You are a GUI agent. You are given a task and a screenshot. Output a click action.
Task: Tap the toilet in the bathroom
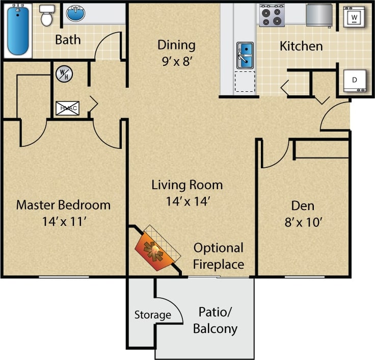(x=47, y=16)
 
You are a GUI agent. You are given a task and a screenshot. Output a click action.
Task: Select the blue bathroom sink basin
(x=76, y=14)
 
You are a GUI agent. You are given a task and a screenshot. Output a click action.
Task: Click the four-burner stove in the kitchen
(x=272, y=16)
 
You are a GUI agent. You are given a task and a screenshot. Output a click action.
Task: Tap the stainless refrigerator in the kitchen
(x=319, y=14)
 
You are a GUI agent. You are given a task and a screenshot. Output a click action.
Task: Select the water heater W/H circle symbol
(x=64, y=74)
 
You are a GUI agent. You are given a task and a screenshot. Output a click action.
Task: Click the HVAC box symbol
(x=67, y=108)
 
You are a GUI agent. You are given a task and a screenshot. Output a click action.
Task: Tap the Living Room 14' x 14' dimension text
(x=187, y=201)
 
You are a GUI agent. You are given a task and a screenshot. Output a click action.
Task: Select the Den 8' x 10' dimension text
(x=303, y=222)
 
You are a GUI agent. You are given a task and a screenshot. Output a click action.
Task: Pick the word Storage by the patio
(x=153, y=315)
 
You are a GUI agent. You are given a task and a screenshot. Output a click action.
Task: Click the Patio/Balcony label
(x=215, y=320)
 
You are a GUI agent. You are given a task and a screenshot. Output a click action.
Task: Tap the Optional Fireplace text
(x=219, y=256)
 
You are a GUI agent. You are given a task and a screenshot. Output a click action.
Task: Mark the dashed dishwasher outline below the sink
(x=245, y=82)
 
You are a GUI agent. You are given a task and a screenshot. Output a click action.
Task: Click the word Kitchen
(x=301, y=46)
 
